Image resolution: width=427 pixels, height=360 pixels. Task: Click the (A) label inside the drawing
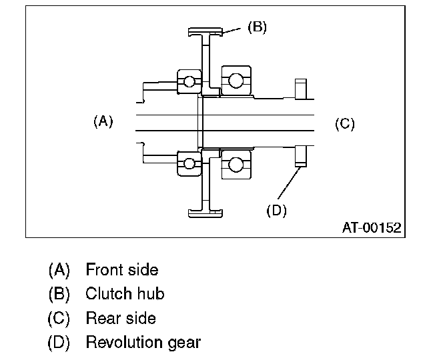click(103, 121)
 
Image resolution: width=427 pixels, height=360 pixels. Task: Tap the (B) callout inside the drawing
click(257, 28)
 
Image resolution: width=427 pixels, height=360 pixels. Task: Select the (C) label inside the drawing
click(344, 123)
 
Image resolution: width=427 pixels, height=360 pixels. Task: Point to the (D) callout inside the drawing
click(276, 210)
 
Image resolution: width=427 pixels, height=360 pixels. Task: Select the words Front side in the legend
click(121, 270)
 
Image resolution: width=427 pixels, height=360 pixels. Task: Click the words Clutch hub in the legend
click(125, 294)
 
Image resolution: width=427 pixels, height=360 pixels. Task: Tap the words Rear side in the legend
click(120, 318)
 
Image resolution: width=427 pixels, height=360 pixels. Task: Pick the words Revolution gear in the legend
click(143, 343)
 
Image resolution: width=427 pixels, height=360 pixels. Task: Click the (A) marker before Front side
click(59, 270)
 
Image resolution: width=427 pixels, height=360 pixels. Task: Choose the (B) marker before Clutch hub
click(59, 294)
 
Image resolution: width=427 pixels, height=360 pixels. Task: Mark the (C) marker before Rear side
click(59, 318)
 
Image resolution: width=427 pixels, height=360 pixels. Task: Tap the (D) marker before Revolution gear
click(59, 343)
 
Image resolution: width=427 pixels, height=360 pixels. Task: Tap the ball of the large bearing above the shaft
click(235, 81)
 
